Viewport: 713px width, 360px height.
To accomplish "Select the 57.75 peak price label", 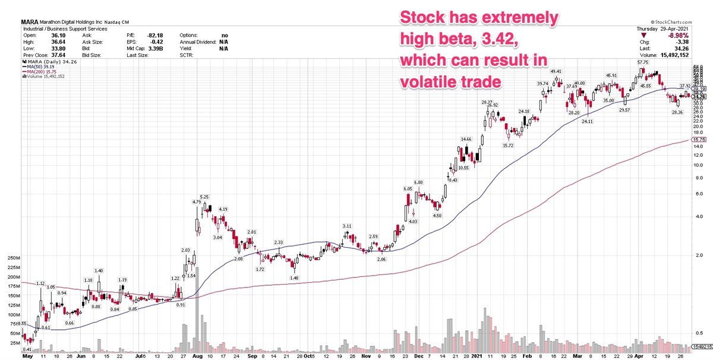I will click(x=641, y=62).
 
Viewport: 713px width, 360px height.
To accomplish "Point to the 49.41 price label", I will click(x=556, y=71).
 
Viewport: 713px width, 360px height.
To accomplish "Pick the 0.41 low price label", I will click(x=27, y=350).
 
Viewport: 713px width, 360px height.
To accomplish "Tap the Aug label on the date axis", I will click(x=196, y=359).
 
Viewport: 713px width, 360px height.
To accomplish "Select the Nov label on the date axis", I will click(x=367, y=359).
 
